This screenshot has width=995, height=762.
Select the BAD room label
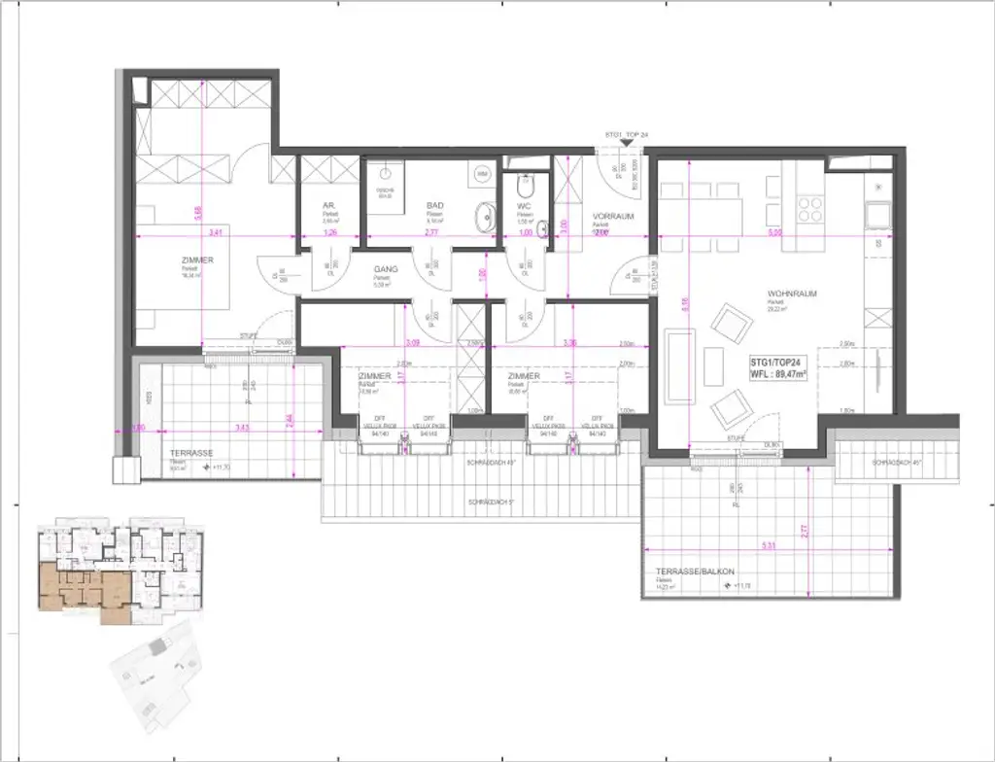[x=434, y=206]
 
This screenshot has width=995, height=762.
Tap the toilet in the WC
[x=526, y=186]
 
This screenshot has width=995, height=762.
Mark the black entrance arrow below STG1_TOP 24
[x=627, y=143]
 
